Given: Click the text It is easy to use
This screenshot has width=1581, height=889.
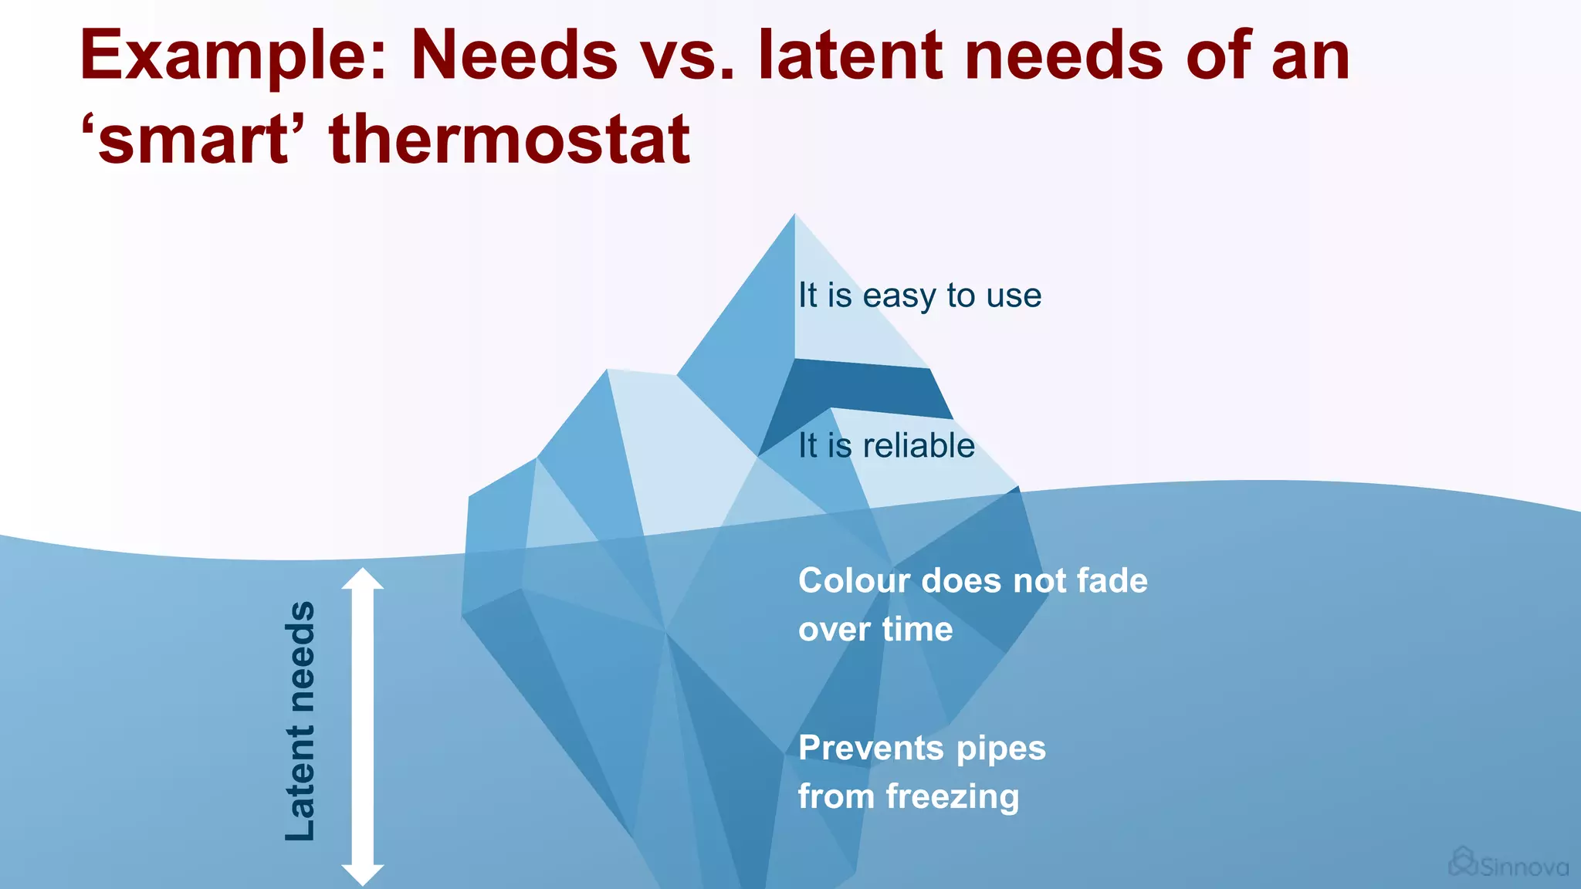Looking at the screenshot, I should pyautogui.click(x=919, y=296).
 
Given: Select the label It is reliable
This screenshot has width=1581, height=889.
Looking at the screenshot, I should pyautogui.click(x=886, y=446).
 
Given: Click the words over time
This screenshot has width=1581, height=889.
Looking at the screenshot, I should pyautogui.click(x=875, y=630).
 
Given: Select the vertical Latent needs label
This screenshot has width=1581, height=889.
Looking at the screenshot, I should pyautogui.click(x=300, y=721).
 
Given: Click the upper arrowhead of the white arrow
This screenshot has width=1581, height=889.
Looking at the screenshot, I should pyautogui.click(x=363, y=579).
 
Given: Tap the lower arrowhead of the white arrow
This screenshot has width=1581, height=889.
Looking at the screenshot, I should pyautogui.click(x=363, y=875).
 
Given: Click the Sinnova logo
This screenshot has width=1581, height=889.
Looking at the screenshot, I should pyautogui.click(x=1508, y=864).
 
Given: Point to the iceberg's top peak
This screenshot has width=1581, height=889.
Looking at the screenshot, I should pyautogui.click(x=794, y=220).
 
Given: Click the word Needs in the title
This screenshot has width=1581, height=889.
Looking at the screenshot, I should pyautogui.click(x=514, y=56).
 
